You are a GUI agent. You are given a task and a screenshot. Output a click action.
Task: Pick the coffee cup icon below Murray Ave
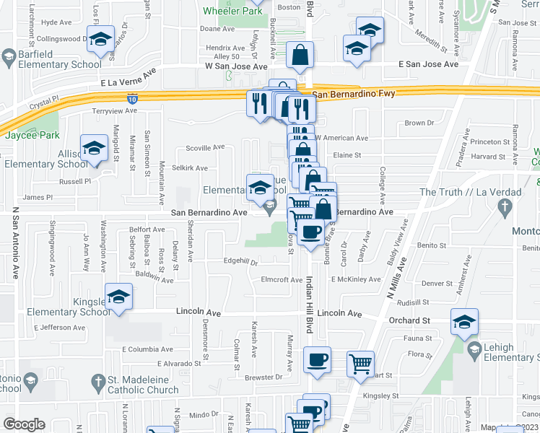[316, 359]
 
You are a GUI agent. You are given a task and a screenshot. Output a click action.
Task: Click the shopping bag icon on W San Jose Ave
[300, 54]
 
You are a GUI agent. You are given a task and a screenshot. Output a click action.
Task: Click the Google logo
[24, 424]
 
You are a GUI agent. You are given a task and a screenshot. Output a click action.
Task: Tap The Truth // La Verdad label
[459, 192]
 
